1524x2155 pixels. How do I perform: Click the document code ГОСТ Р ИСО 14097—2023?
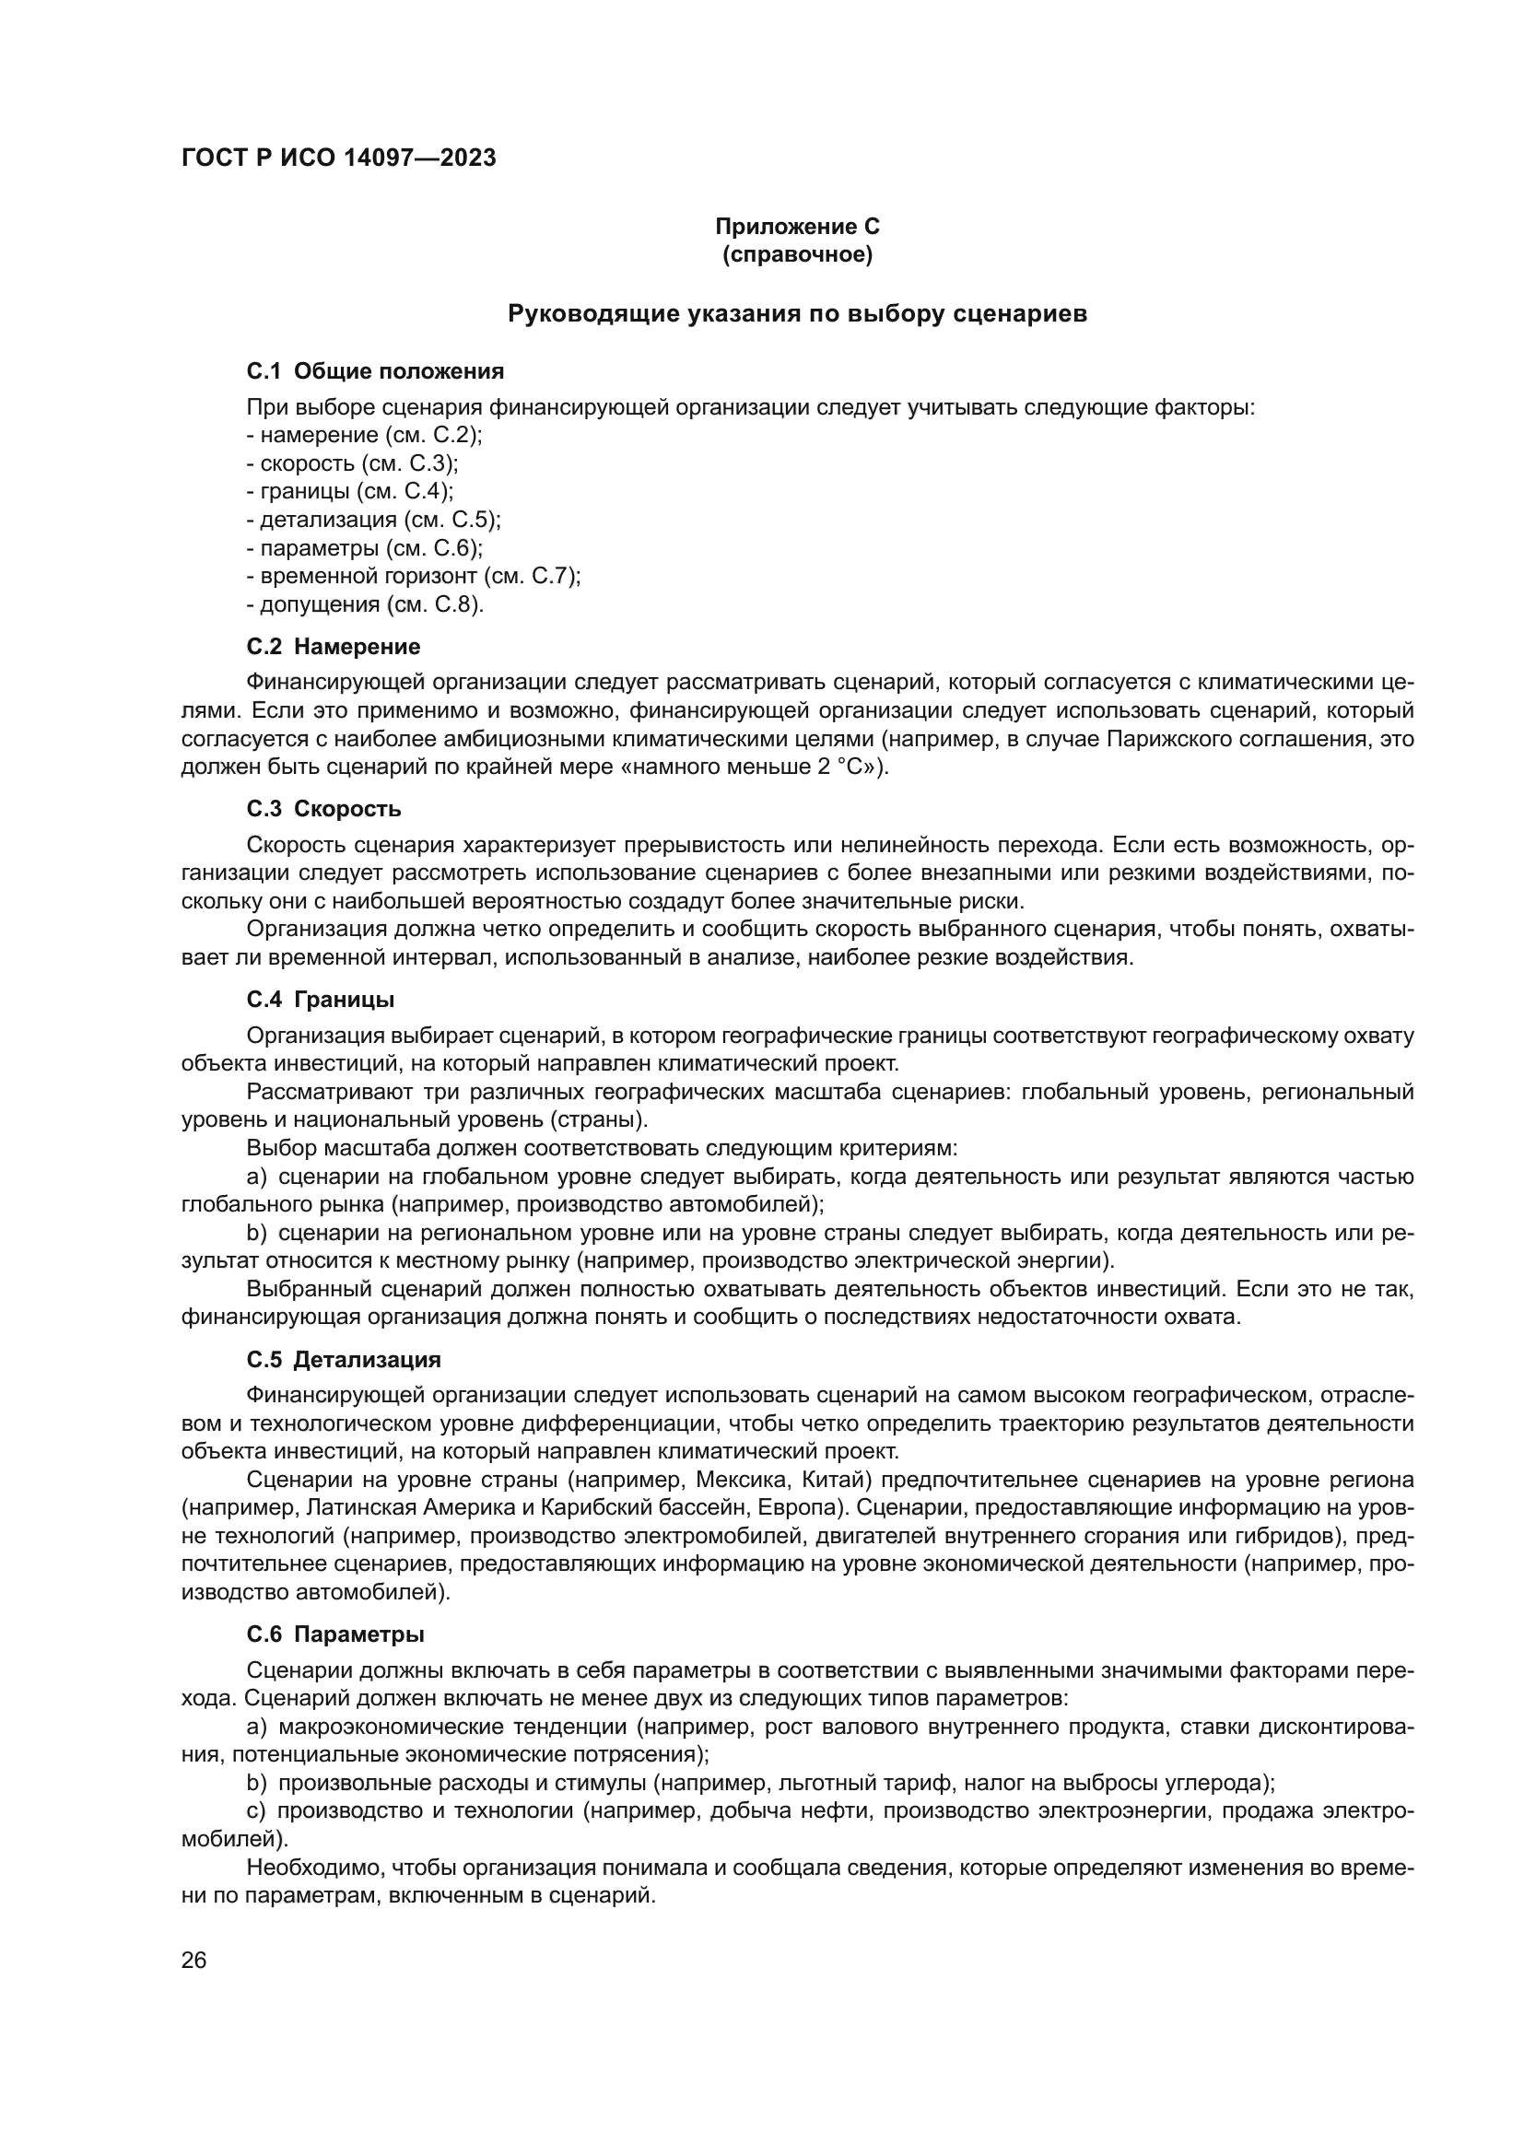338,158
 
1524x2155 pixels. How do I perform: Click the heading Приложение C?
797,227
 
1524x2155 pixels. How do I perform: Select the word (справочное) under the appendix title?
797,255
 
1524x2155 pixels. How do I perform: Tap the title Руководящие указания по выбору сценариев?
797,313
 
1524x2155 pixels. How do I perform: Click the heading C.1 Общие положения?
375,371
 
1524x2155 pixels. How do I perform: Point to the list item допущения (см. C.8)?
365,604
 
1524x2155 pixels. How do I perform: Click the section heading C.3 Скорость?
323,809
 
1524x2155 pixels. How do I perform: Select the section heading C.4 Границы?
320,1000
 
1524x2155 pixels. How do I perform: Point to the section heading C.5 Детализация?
344,1360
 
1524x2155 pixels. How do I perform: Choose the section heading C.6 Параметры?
335,1635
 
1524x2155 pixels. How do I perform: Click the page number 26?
194,1961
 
